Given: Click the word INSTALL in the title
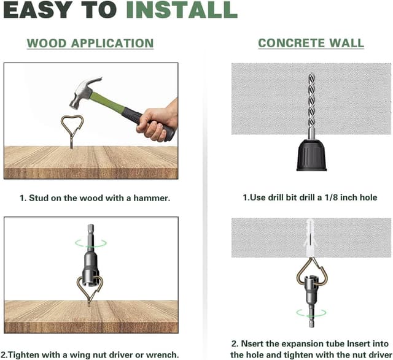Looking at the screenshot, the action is click(182, 10).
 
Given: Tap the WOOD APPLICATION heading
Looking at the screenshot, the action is click(90, 44).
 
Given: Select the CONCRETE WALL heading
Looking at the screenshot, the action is click(311, 43).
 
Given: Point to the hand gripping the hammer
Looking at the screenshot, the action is click(157, 120).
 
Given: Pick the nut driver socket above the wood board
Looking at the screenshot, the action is click(91, 258).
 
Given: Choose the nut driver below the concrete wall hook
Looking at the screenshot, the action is click(311, 301).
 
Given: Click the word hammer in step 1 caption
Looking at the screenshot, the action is click(152, 198).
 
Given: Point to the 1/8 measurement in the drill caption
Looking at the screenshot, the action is click(331, 197).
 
